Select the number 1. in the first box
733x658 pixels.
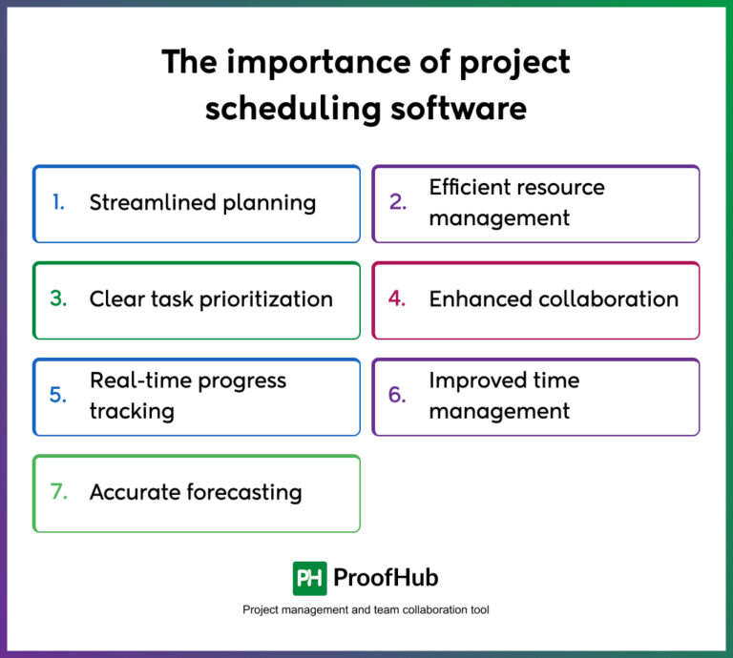(x=59, y=202)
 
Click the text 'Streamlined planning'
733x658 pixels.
(x=202, y=202)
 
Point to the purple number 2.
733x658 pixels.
(x=398, y=202)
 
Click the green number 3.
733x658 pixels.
(x=59, y=298)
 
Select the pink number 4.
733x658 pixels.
(x=398, y=298)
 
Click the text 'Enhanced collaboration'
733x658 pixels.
(x=554, y=298)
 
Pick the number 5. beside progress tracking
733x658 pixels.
(x=59, y=395)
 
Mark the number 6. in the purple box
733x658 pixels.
(x=398, y=395)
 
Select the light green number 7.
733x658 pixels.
(x=59, y=492)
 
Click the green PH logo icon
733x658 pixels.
(x=309, y=578)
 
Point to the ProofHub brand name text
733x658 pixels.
(x=387, y=578)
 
